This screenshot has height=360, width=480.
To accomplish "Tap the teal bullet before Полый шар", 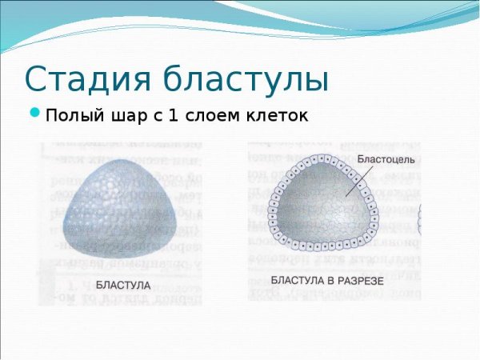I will (x=35, y=114).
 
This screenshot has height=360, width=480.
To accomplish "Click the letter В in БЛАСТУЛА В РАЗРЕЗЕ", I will (x=326, y=281).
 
